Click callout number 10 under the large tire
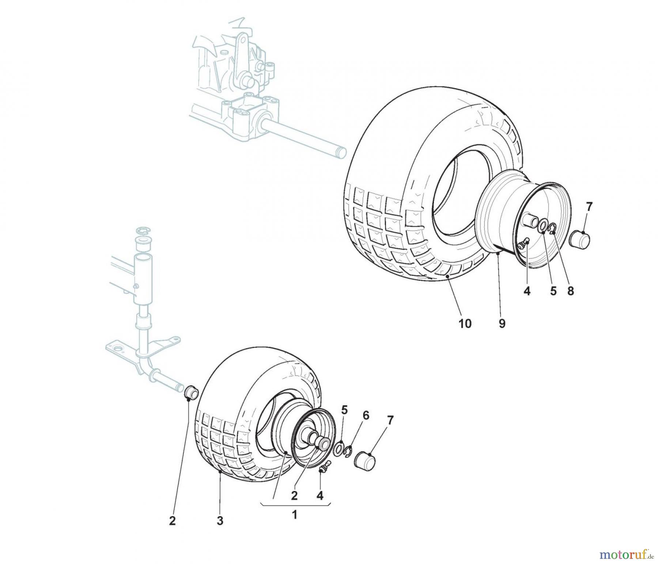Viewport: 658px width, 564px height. [465, 323]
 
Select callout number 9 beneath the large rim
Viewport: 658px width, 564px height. [502, 323]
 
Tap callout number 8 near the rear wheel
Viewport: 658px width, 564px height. [570, 291]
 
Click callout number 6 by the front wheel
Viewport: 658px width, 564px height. [366, 415]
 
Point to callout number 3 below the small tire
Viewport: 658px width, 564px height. [220, 521]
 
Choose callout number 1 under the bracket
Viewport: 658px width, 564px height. [294, 515]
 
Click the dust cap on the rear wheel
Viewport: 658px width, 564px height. [581, 239]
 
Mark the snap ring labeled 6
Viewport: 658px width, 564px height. [348, 451]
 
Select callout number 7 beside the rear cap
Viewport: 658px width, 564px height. [589, 206]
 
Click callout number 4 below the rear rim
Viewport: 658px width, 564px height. [527, 291]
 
